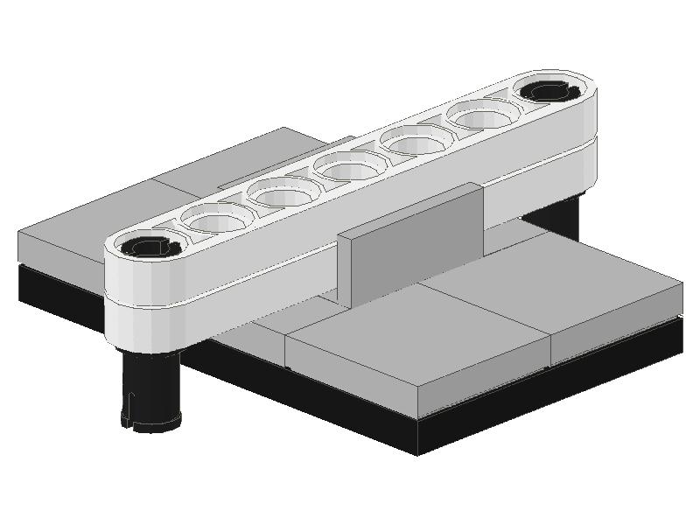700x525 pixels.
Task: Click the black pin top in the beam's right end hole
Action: tap(549, 91)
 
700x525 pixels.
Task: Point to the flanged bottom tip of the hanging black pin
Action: tap(150, 422)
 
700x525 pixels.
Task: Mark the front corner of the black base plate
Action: tap(417, 446)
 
